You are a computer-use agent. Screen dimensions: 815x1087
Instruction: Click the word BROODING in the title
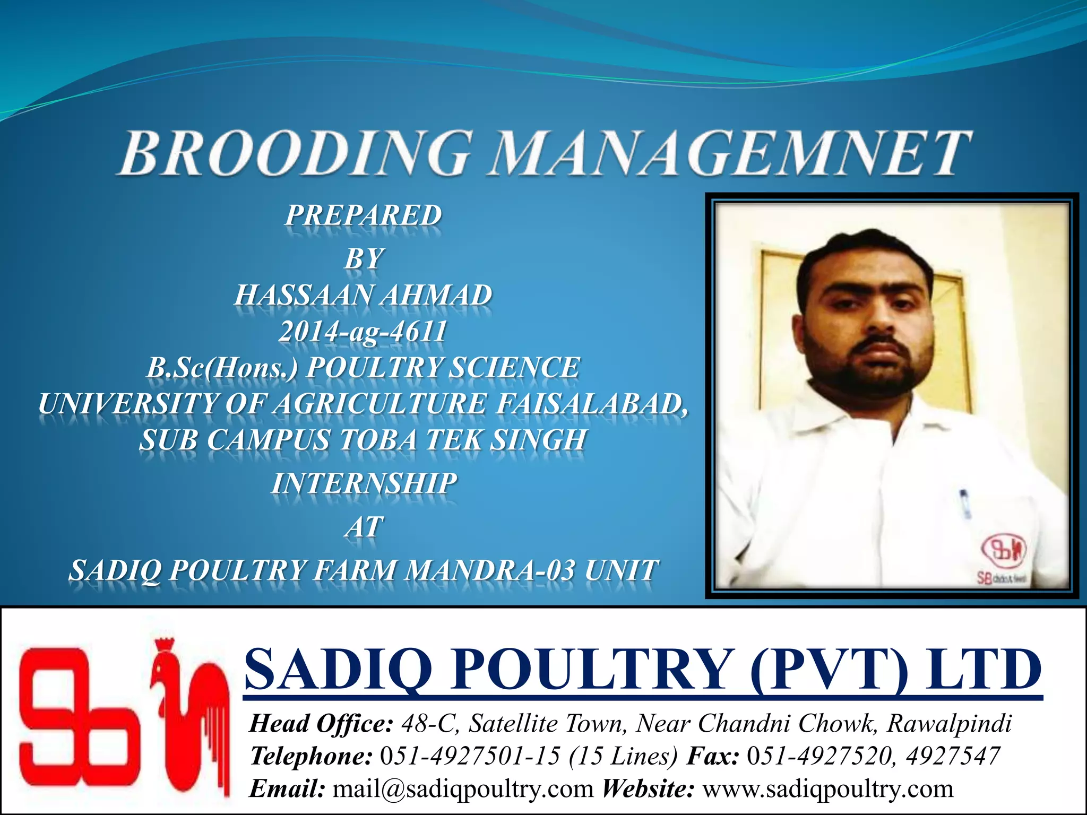tap(295, 153)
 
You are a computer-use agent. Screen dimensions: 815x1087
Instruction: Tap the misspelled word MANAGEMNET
tap(729, 153)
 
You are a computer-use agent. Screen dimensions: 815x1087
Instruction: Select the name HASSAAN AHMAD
tap(364, 295)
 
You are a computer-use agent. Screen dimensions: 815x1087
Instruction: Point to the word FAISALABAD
tap(592, 404)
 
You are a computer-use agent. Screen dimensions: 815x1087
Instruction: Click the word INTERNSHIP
tap(364, 484)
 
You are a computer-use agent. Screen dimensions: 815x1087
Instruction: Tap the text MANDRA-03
tap(489, 571)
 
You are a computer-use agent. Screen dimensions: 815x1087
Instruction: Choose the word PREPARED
tap(364, 215)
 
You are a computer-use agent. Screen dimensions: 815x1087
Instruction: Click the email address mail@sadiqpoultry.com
tap(463, 789)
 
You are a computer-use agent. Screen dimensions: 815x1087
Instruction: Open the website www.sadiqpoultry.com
tap(828, 789)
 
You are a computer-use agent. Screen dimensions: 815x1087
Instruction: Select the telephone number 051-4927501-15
tap(470, 756)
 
